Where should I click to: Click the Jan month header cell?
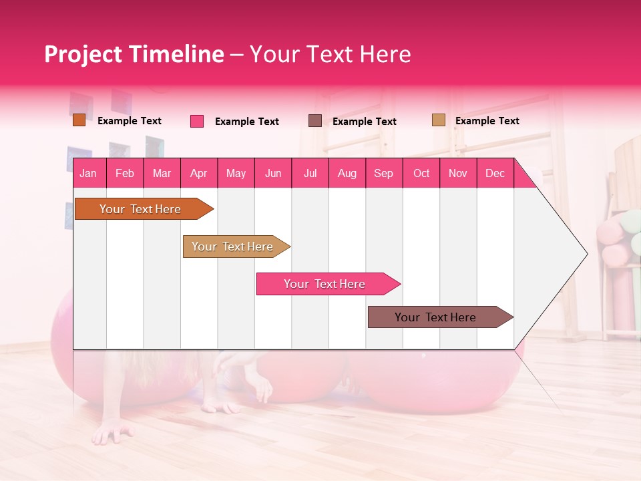pyautogui.click(x=88, y=173)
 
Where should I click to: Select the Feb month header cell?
pyautogui.click(x=125, y=173)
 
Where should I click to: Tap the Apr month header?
pyautogui.click(x=198, y=173)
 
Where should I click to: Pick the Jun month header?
pyautogui.click(x=273, y=173)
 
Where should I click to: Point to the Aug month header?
pyautogui.click(x=347, y=173)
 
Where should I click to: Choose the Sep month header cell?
pyautogui.click(x=383, y=173)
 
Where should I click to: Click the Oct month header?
pyautogui.click(x=421, y=173)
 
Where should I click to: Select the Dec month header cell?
pyautogui.click(x=495, y=173)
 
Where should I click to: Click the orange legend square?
pyautogui.click(x=79, y=120)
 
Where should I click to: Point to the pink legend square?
pyautogui.click(x=197, y=121)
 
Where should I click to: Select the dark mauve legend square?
pyautogui.click(x=315, y=120)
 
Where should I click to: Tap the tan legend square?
pyautogui.click(x=439, y=120)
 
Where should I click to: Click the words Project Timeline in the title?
pyautogui.click(x=134, y=54)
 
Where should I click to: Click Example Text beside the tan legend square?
pyautogui.click(x=487, y=121)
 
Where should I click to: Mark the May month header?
pyautogui.click(x=236, y=173)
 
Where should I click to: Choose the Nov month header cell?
pyautogui.click(x=458, y=173)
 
